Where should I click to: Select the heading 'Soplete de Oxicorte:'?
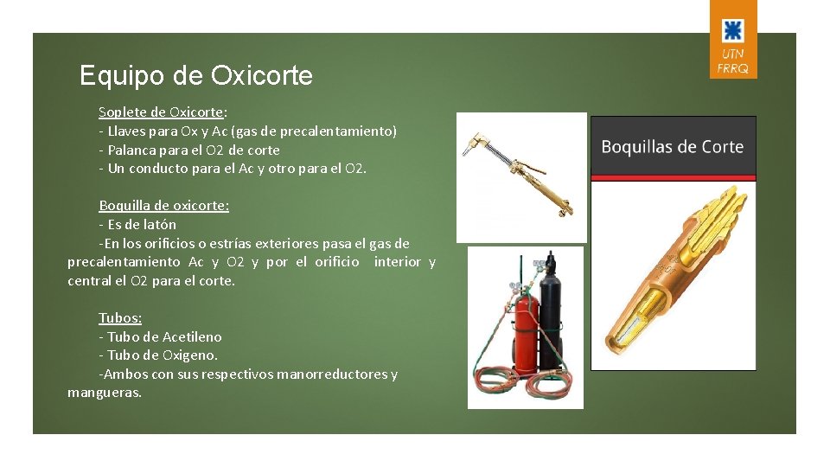163,112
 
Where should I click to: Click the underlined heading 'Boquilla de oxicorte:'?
163,206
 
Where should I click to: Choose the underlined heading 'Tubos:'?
119,318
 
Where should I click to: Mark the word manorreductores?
329,374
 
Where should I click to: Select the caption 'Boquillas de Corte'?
672,147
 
